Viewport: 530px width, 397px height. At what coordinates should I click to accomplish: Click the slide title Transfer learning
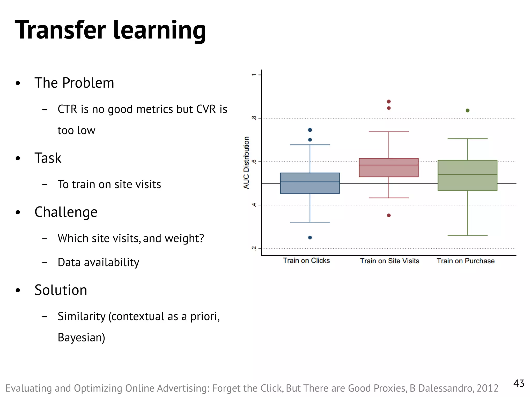pyautogui.click(x=110, y=30)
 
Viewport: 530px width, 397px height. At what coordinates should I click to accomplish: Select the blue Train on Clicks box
pyautogui.click(x=310, y=183)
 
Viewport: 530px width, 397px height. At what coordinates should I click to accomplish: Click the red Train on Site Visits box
pyautogui.click(x=388, y=167)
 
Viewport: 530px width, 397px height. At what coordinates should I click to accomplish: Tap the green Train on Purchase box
pyautogui.click(x=467, y=175)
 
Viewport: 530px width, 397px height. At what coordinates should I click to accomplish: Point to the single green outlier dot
pyautogui.click(x=467, y=110)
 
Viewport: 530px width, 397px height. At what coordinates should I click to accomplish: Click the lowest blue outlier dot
pyautogui.click(x=310, y=237)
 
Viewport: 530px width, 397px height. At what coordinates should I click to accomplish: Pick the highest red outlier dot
pyautogui.click(x=388, y=101)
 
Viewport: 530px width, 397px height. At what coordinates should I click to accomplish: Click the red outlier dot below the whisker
pyautogui.click(x=388, y=215)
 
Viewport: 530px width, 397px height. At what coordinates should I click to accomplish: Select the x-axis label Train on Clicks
pyautogui.click(x=306, y=261)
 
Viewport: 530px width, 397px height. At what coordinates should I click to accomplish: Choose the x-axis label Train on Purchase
pyautogui.click(x=465, y=261)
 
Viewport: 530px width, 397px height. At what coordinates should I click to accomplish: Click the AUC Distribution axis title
pyautogui.click(x=246, y=163)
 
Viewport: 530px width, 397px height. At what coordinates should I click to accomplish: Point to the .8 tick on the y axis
pyautogui.click(x=254, y=118)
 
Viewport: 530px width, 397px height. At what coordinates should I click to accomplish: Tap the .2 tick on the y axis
pyautogui.click(x=254, y=248)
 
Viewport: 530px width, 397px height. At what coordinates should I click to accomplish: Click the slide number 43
pyautogui.click(x=519, y=383)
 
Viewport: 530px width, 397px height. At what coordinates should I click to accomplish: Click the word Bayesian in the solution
pyautogui.click(x=81, y=338)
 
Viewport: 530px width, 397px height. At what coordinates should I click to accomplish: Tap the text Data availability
pyautogui.click(x=98, y=262)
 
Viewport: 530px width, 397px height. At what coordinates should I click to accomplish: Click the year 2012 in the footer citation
pyautogui.click(x=487, y=388)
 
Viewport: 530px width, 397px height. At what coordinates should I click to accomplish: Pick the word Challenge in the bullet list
pyautogui.click(x=66, y=212)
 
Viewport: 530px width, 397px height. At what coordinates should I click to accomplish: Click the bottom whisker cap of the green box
pyautogui.click(x=467, y=235)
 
